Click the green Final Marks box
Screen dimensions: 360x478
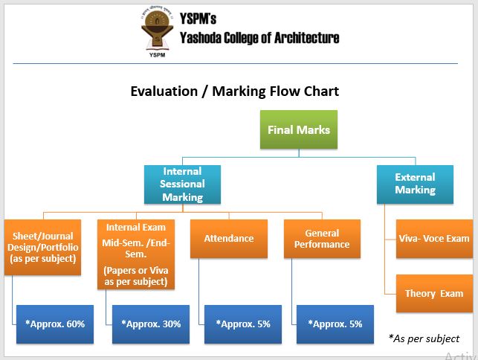(x=299, y=130)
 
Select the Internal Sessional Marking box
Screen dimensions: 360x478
(x=182, y=184)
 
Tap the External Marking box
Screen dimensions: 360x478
(x=415, y=184)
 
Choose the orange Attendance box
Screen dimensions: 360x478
(x=228, y=239)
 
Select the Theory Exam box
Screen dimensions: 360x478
(x=433, y=293)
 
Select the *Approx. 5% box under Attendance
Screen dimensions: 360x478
(x=242, y=324)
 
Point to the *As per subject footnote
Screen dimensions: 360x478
(x=424, y=338)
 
